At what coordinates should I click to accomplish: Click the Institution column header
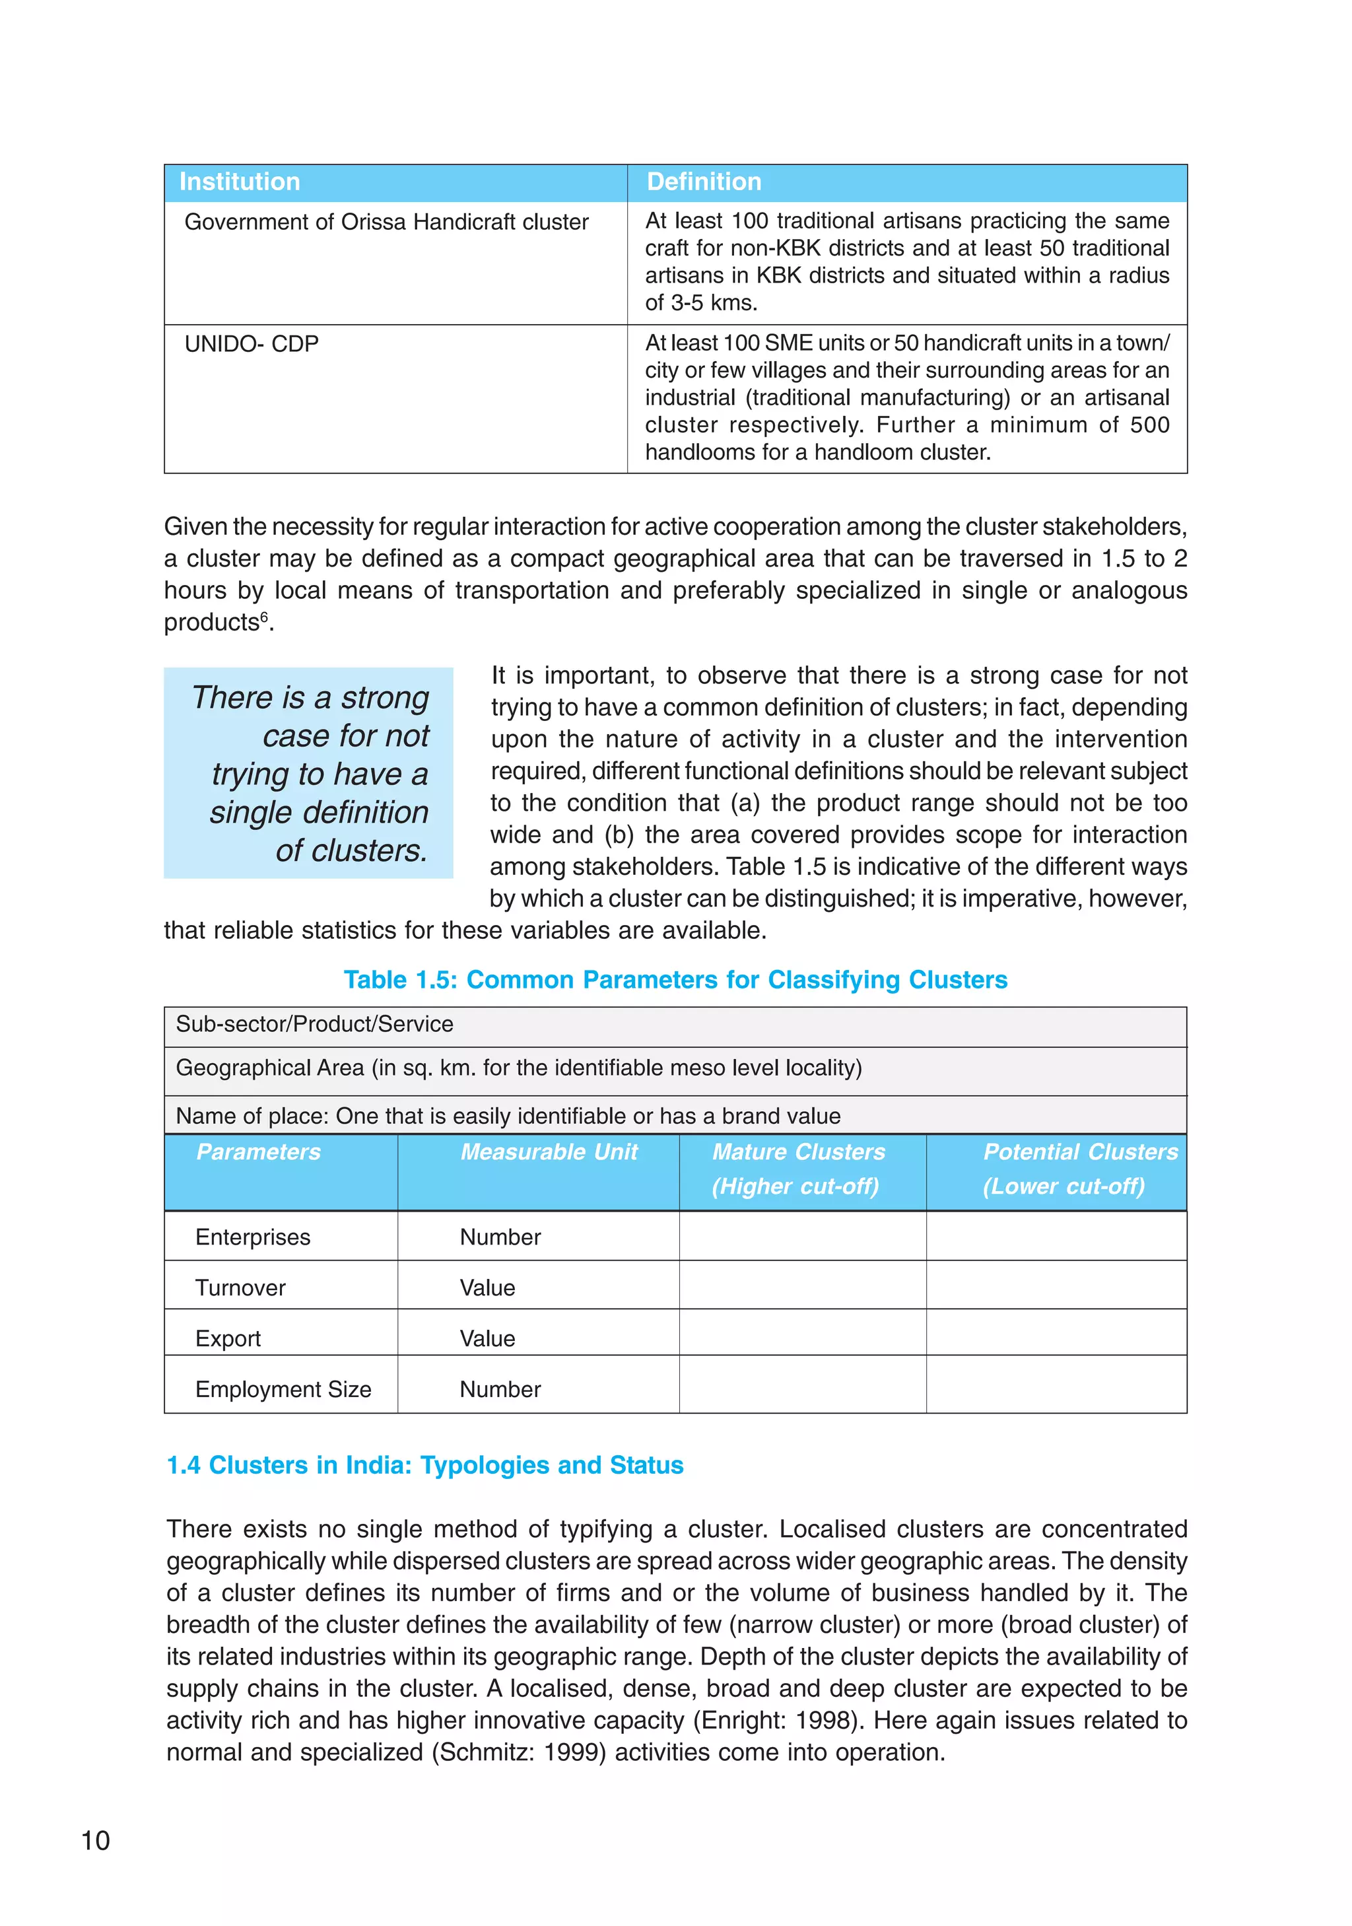click(x=239, y=182)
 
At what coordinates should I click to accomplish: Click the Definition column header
click(x=704, y=182)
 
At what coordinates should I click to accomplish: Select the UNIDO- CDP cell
click(x=252, y=344)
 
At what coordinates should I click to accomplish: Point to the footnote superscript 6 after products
click(x=264, y=617)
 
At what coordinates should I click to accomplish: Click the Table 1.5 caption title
click(x=675, y=980)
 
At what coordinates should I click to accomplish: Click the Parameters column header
click(x=258, y=1152)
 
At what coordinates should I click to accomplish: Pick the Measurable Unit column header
click(x=549, y=1152)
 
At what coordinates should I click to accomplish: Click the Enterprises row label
click(x=252, y=1237)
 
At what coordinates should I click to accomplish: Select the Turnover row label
click(x=241, y=1288)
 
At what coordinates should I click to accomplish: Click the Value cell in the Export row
click(x=487, y=1339)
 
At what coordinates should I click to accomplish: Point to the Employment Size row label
click(x=283, y=1389)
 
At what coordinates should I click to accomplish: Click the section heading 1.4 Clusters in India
click(x=425, y=1466)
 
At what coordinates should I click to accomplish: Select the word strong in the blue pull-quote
click(x=385, y=698)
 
